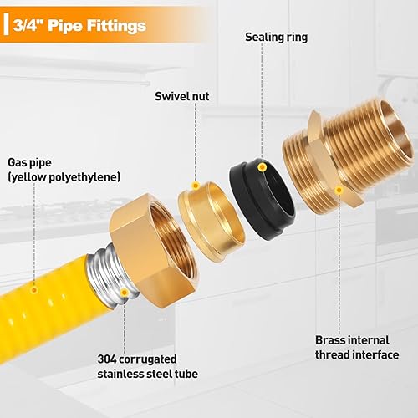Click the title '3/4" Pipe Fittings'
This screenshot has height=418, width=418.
80,26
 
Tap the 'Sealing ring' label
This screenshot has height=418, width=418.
277,38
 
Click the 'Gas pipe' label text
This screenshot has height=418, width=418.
28,162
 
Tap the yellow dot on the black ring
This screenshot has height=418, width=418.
263,168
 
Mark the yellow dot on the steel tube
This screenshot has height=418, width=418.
124,292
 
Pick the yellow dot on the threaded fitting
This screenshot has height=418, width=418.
339,191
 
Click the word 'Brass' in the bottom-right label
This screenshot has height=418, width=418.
331,340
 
